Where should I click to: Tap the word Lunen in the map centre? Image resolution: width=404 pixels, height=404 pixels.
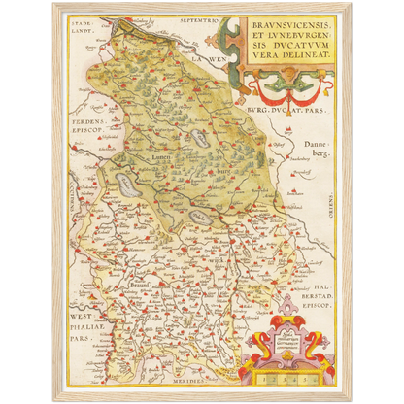coord(161,156)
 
